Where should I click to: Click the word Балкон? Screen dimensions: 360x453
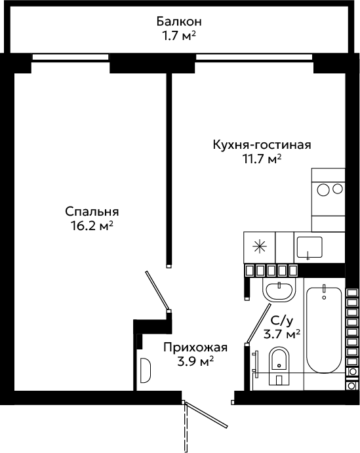[179, 22]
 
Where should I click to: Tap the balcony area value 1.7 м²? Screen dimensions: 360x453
[179, 36]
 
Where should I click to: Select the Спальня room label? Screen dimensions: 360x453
[92, 212]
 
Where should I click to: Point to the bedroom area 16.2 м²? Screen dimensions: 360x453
[92, 226]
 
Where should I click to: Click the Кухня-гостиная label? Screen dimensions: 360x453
[262, 145]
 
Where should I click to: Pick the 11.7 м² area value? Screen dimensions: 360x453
[262, 159]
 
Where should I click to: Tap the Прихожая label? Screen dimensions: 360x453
[195, 347]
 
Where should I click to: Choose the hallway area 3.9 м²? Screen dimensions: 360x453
[195, 361]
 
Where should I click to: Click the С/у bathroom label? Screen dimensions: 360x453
[282, 321]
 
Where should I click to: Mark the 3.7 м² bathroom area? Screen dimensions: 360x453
[282, 334]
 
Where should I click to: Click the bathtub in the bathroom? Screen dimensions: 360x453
[324, 329]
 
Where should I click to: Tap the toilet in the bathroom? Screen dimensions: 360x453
[279, 366]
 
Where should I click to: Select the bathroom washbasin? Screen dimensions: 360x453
[279, 290]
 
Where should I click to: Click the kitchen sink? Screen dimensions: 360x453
[310, 248]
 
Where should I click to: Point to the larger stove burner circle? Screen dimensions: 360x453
[323, 189]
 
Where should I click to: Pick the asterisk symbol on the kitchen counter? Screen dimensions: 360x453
[260, 247]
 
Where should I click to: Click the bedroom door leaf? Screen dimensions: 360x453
[157, 290]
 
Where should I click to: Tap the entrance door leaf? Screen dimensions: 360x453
[207, 414]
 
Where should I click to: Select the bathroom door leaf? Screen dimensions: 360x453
[258, 323]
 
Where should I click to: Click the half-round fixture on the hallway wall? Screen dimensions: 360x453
[146, 370]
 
